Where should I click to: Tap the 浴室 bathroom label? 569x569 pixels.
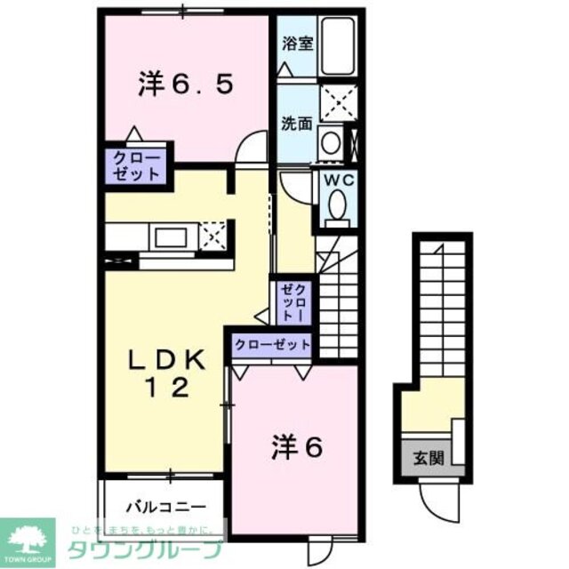pos(298,44)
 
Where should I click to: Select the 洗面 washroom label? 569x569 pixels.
pos(297,124)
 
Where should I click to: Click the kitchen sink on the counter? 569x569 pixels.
pos(169,237)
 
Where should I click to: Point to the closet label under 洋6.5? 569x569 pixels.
pos(135,166)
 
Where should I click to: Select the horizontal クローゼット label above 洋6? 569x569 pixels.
pos(273,343)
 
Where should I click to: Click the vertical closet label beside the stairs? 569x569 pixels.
pos(293,303)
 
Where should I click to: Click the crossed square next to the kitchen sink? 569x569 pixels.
pos(213,236)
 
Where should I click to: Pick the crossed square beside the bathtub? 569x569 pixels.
pos(338,102)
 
